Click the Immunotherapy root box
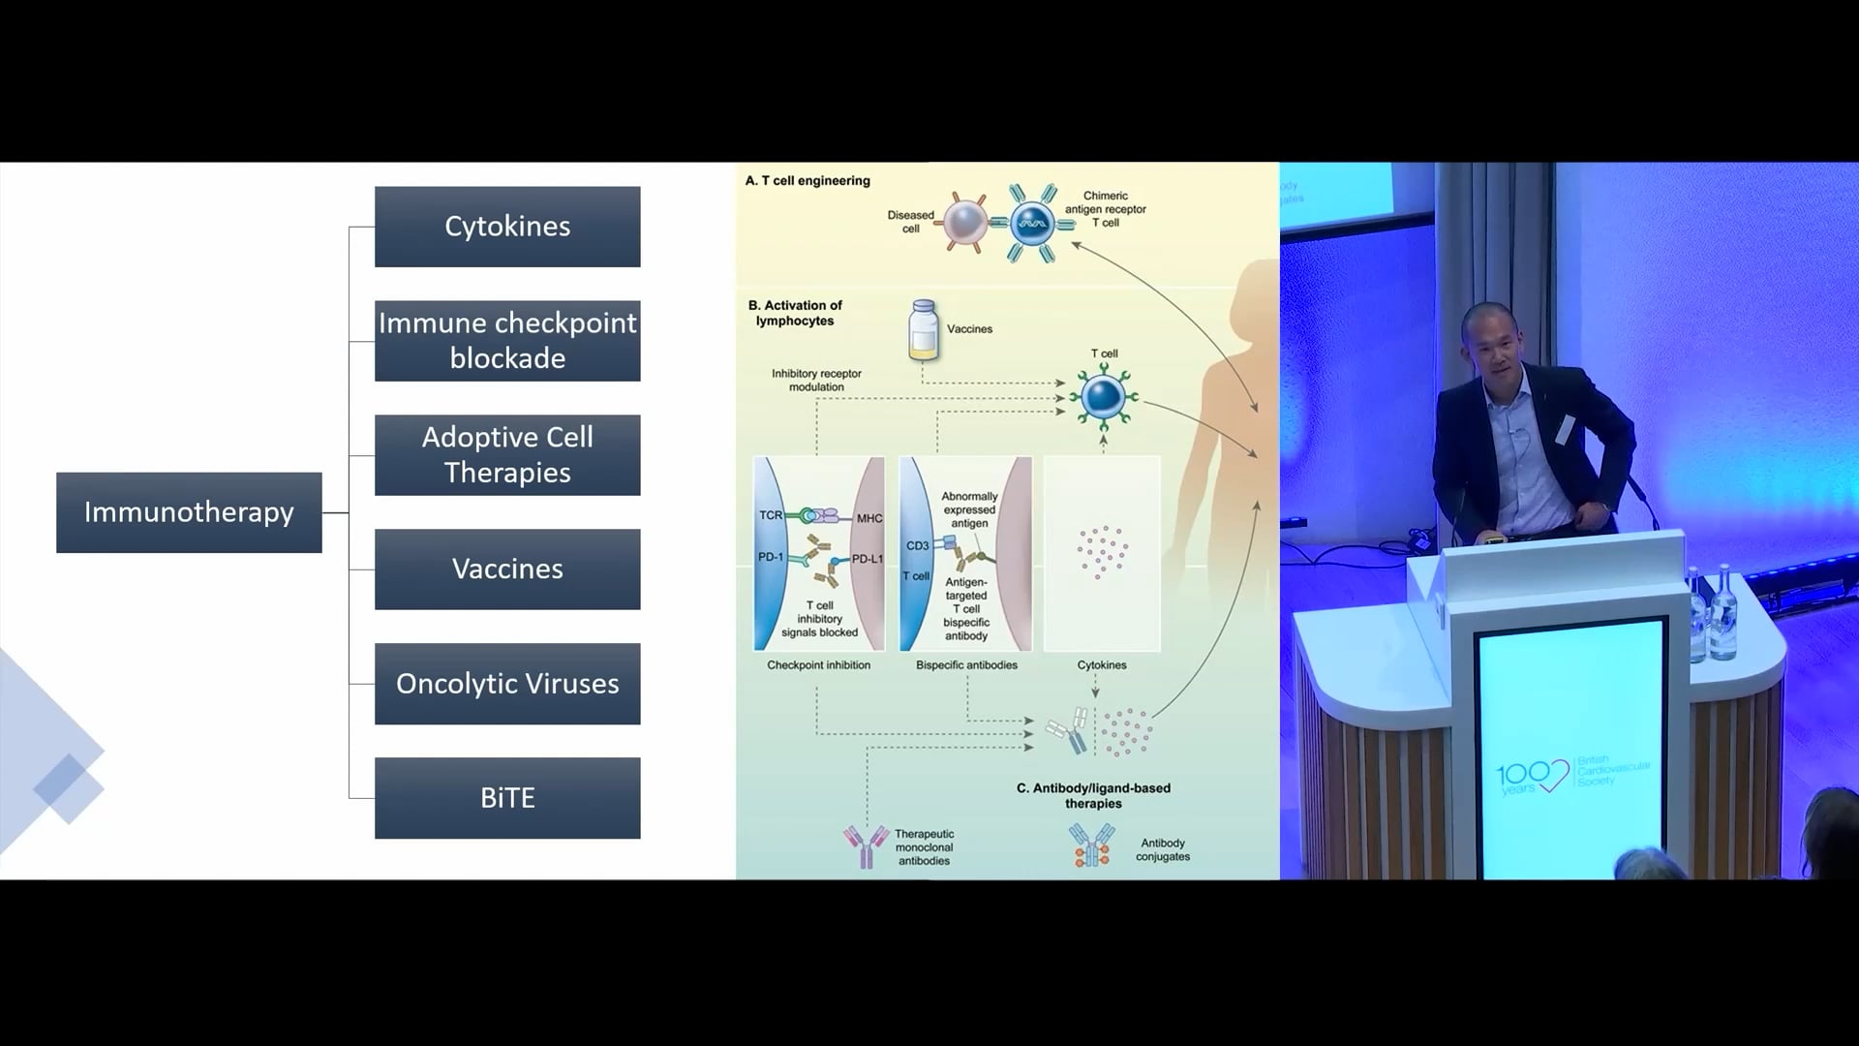[189, 512]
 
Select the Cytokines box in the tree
[507, 227]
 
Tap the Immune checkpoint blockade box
[507, 341]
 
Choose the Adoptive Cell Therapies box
[507, 455]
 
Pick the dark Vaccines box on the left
[507, 569]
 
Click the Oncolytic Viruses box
[507, 684]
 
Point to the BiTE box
[507, 798]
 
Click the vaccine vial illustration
[924, 330]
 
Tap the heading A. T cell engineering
[808, 181]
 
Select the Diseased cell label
[910, 222]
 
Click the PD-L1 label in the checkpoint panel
[867, 559]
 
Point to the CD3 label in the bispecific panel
[917, 546]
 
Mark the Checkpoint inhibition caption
[818, 665]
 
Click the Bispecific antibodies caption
[966, 665]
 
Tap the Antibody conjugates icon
[1091, 846]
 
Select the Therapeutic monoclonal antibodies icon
[866, 846]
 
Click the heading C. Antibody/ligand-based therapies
[1093, 796]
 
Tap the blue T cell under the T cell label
[1103, 397]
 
